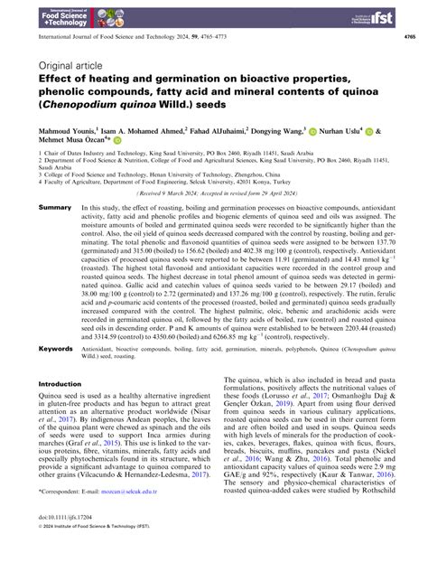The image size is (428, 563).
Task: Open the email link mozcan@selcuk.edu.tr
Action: pos(107,520)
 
